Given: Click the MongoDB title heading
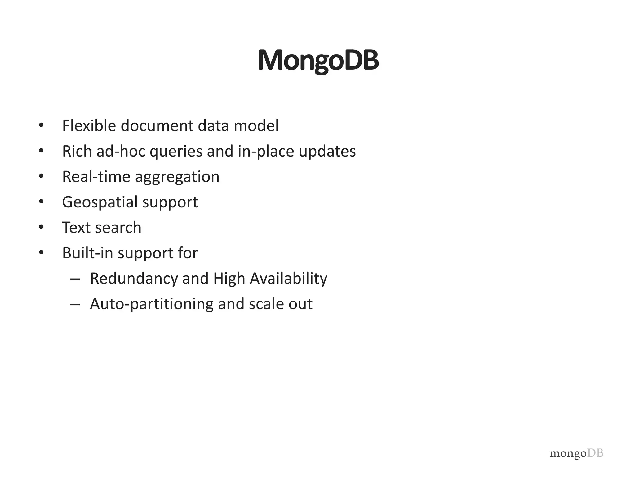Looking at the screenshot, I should pyautogui.click(x=318, y=60).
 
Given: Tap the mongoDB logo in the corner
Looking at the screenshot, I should pyautogui.click(x=576, y=453).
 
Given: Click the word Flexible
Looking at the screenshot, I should pyautogui.click(x=89, y=126).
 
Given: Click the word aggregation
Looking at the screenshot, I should pyautogui.click(x=177, y=177).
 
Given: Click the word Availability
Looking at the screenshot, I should pyautogui.click(x=288, y=279).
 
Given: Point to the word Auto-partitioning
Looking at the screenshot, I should pyautogui.click(x=152, y=304).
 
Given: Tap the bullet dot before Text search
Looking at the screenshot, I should pyautogui.click(x=41, y=227).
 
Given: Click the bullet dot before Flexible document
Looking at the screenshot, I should pyautogui.click(x=41, y=125).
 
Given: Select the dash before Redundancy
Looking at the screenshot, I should pyautogui.click(x=75, y=279).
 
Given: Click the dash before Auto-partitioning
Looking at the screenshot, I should pyautogui.click(x=75, y=304).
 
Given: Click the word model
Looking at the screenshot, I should pyautogui.click(x=256, y=126).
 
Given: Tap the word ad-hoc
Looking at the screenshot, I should pyautogui.click(x=121, y=152).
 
